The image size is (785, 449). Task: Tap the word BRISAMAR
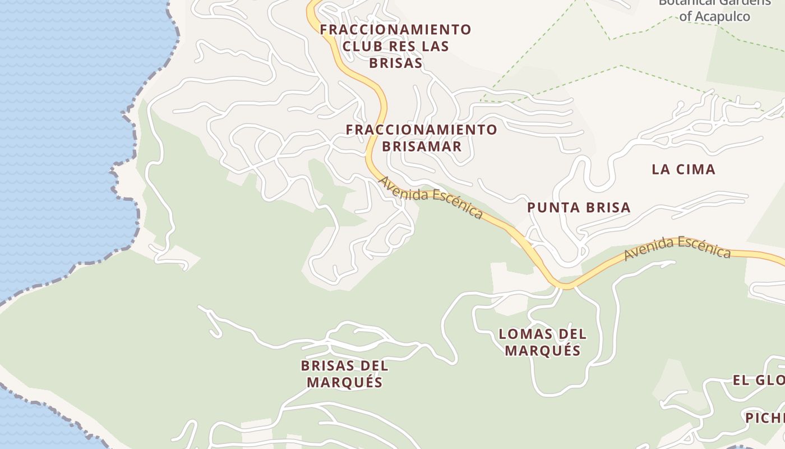pos(422,146)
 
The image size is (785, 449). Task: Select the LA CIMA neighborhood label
pos(684,169)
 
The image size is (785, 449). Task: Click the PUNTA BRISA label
pos(579,208)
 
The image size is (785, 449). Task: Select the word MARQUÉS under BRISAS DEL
pos(344,383)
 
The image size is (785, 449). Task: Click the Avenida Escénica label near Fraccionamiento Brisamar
pos(431,197)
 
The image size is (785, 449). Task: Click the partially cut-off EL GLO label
pos(759,381)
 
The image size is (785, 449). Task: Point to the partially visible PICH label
pos(765,418)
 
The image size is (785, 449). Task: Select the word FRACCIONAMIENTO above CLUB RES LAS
pos(395,29)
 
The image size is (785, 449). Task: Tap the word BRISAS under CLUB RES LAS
pos(395,63)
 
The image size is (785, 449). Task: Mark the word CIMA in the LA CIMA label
pos(695,169)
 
